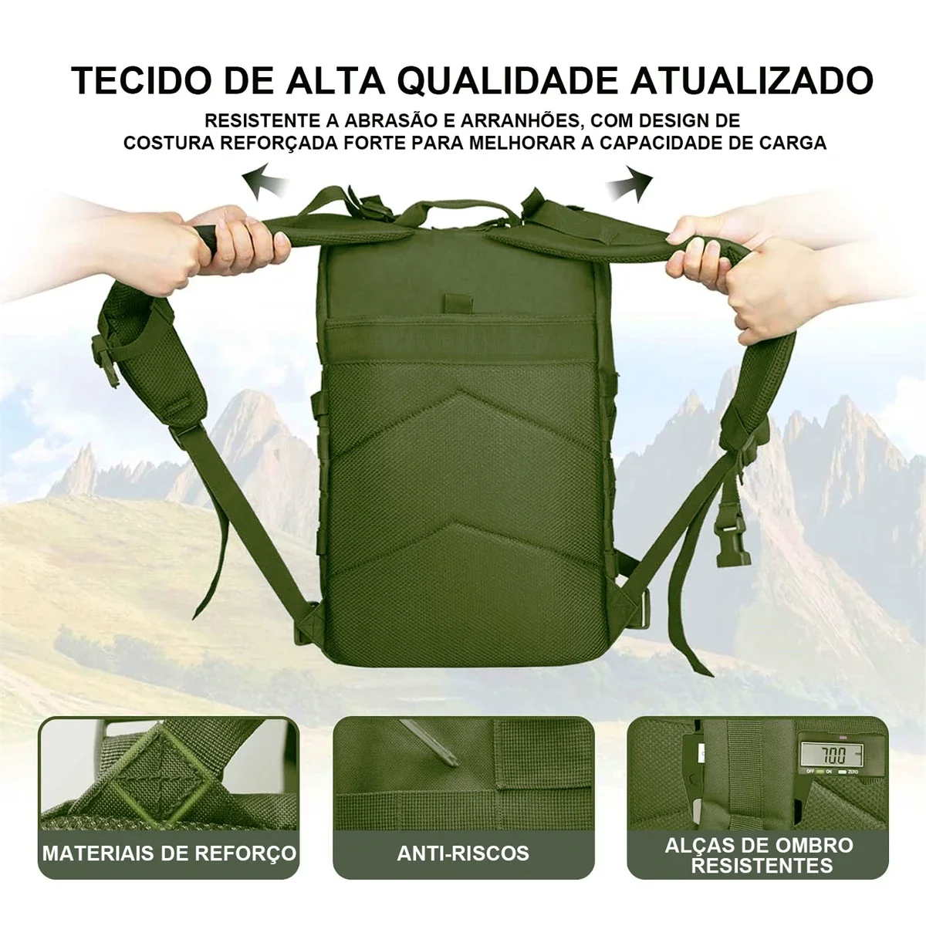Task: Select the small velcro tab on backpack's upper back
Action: [455, 302]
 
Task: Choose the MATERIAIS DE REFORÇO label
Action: [169, 853]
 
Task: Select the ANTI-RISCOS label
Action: [463, 853]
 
